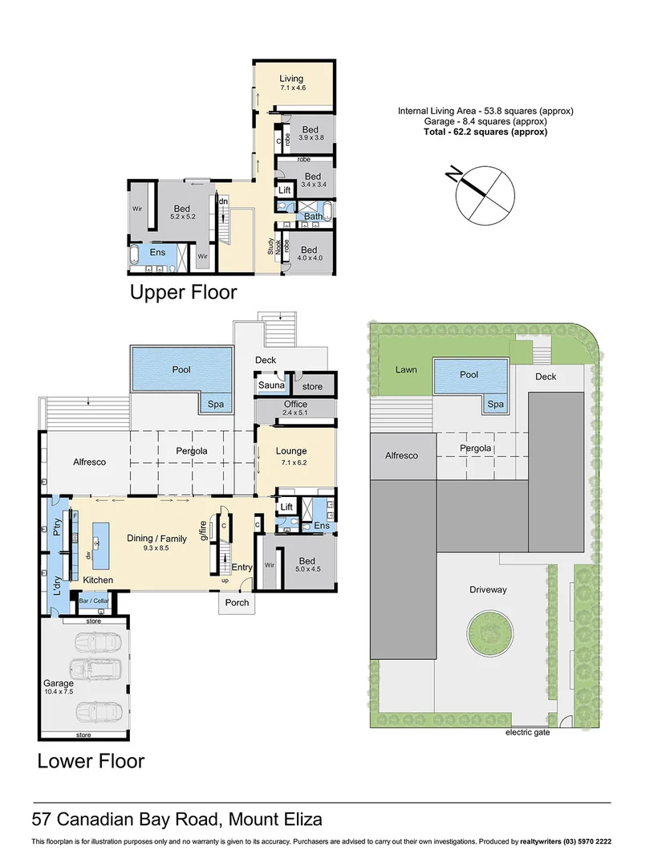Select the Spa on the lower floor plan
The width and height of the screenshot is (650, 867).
click(215, 403)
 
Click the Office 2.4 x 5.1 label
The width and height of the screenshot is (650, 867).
click(295, 409)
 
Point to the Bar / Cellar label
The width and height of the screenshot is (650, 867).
click(93, 600)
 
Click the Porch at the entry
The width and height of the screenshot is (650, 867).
click(237, 602)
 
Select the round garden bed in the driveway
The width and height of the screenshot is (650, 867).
click(488, 633)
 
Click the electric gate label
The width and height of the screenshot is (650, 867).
click(527, 732)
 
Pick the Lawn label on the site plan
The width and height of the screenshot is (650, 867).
click(405, 370)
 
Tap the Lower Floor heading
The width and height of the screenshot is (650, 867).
click(91, 760)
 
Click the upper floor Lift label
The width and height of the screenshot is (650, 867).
click(284, 190)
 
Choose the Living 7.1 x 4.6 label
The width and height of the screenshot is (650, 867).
click(291, 83)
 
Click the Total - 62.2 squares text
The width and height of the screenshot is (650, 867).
click(485, 132)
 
